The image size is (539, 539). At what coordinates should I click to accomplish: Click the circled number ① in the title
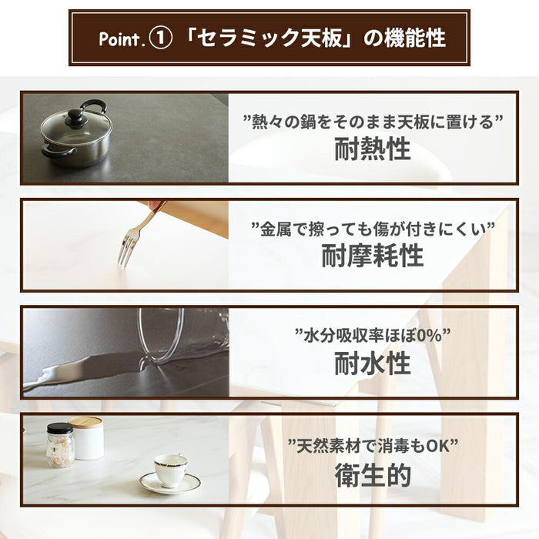pos(160,38)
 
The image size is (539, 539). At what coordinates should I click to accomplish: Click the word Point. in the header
pos(120,38)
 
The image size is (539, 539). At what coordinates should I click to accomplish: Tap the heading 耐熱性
pos(373,149)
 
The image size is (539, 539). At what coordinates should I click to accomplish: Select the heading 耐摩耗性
pos(373,256)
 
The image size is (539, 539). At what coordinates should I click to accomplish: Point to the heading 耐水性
pos(373,363)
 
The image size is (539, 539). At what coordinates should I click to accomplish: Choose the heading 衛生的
pos(373,475)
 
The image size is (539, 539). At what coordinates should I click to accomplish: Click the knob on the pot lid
pos(75,115)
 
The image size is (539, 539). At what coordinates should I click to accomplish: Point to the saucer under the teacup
pos(170,483)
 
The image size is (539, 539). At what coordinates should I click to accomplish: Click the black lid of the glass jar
pos(60,428)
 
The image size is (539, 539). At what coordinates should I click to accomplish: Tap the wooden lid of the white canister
pos(85,422)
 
